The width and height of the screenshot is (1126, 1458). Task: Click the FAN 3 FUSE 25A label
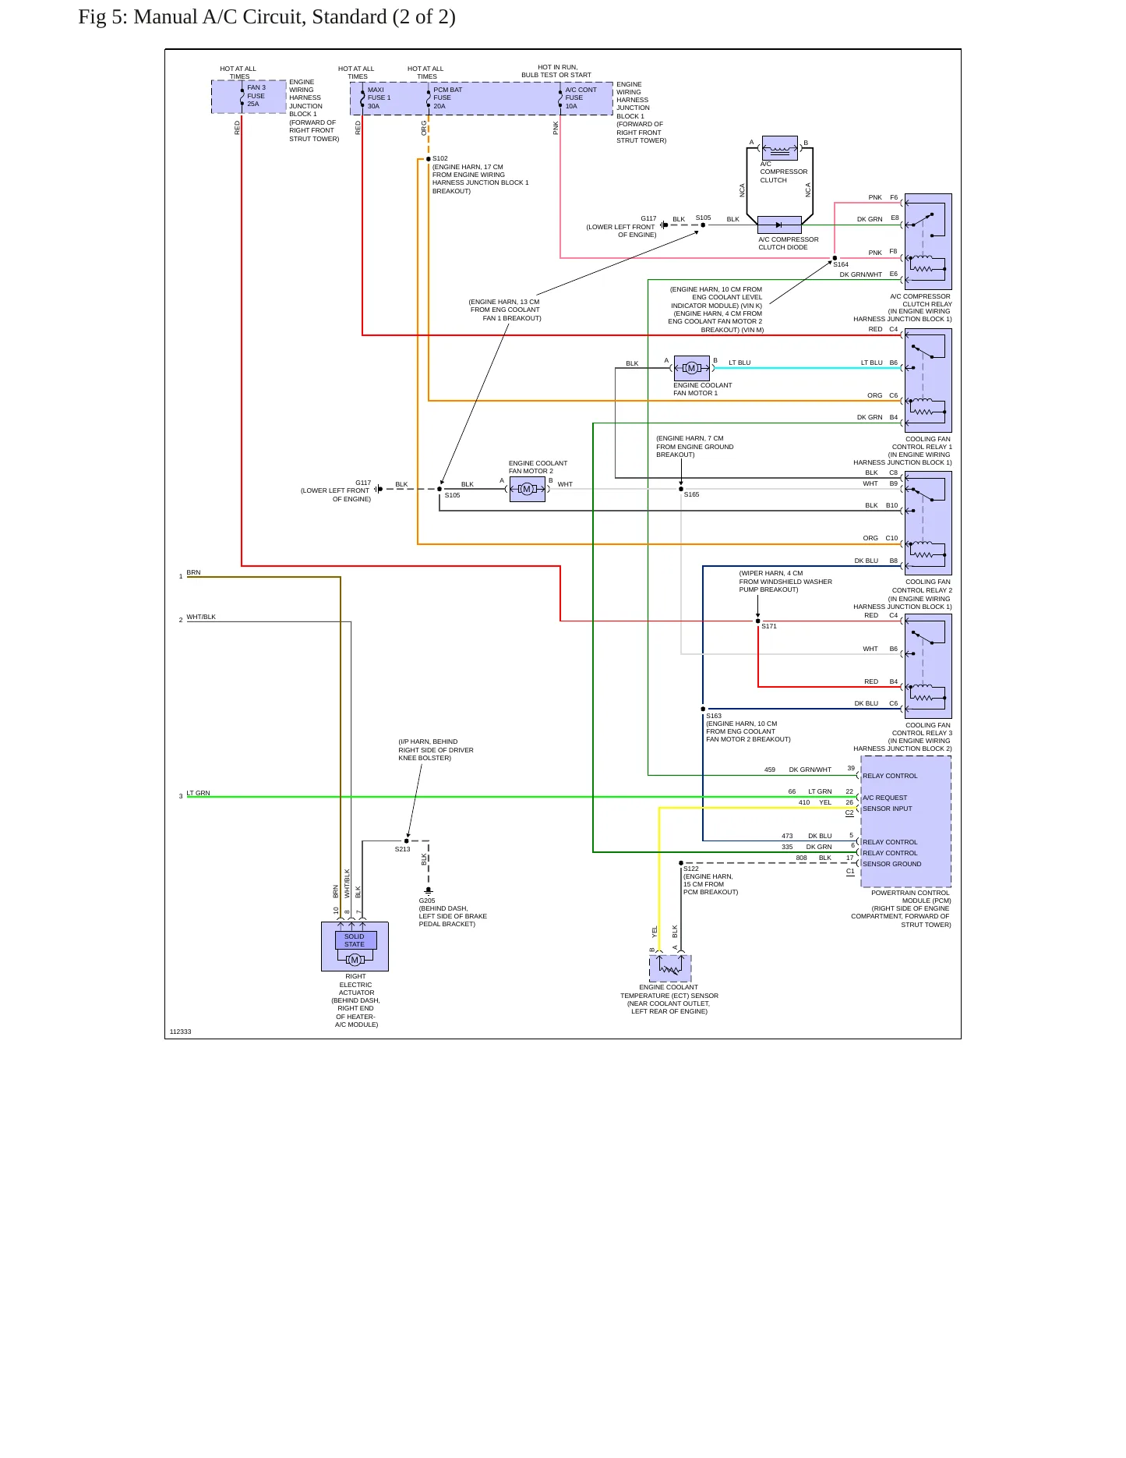pos(256,96)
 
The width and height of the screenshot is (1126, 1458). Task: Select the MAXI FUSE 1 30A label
pos(379,98)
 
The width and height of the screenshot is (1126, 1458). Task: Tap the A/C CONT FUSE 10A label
pos(581,98)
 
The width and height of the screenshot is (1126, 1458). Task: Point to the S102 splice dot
pos(429,159)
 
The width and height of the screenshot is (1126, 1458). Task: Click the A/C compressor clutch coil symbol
pos(780,148)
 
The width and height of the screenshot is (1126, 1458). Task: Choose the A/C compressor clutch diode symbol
pos(779,225)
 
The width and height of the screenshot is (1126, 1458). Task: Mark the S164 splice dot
pos(835,258)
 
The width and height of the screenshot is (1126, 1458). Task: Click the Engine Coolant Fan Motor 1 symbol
pos(692,368)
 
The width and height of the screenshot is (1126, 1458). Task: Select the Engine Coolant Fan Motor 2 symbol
pos(528,489)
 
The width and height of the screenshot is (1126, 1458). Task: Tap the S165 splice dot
pos(681,489)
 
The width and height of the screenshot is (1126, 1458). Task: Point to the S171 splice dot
pos(758,621)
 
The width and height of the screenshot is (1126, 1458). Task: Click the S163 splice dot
pos(703,710)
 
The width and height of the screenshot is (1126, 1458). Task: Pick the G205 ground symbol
pos(429,890)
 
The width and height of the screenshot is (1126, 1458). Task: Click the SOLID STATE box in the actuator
pos(355,940)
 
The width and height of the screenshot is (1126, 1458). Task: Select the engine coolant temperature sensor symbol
pos(670,968)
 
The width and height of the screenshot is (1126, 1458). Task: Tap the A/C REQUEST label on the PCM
pos(885,798)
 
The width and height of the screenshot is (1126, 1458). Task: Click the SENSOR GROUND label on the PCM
pos(892,864)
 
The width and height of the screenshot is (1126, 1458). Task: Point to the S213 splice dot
pos(407,841)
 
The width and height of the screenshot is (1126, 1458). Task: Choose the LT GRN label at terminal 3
pos(199,793)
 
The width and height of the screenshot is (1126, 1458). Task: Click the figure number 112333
pos(180,1032)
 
